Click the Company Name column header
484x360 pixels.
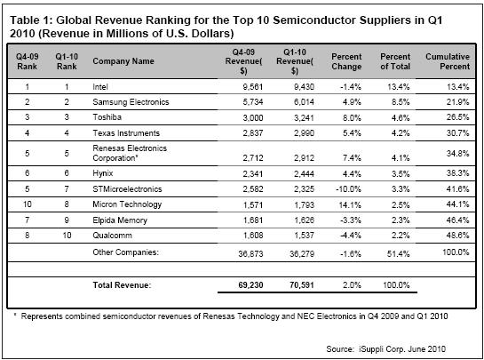(123, 61)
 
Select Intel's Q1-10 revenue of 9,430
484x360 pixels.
(304, 87)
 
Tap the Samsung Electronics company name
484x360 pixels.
(131, 102)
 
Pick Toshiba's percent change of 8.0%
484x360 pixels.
(352, 117)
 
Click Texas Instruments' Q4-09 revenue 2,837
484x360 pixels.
(253, 133)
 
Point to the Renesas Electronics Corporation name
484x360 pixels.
(130, 153)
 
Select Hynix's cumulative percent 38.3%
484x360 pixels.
(457, 173)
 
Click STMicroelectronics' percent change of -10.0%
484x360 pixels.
(348, 189)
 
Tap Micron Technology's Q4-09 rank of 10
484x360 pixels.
(28, 204)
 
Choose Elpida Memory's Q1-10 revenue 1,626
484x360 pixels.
(304, 220)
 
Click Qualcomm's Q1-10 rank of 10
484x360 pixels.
(67, 236)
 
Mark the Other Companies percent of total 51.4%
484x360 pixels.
(398, 254)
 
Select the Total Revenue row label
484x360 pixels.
(122, 285)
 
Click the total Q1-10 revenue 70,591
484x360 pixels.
(302, 285)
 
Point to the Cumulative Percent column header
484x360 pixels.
(448, 61)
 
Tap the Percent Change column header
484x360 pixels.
(346, 61)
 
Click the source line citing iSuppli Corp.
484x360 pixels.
(385, 349)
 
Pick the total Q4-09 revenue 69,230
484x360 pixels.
(250, 285)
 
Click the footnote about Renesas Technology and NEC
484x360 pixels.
(232, 316)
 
